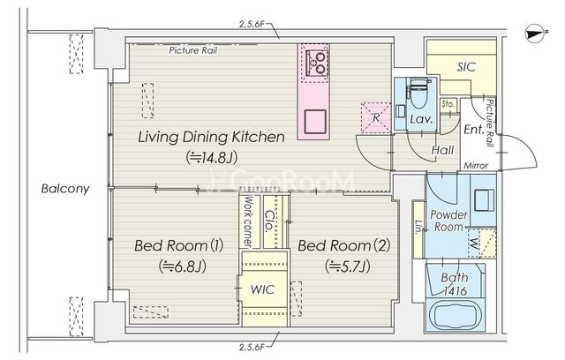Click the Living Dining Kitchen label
pos(212,137)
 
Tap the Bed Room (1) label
pos(178,246)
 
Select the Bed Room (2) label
pos(344,246)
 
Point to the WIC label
pos(262,289)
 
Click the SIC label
pos(466,67)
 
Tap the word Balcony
pos(65,189)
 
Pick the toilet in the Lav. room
pos(418,93)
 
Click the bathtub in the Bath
pos(456,317)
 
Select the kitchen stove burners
pos(317,63)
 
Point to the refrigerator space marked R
pos(376,117)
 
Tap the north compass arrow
pos(536,34)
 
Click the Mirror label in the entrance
pos(476,166)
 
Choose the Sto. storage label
pos(448,104)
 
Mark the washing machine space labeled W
pos(482,243)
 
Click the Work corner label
pos(248,221)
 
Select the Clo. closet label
pos(269,221)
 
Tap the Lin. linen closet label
pos(418,227)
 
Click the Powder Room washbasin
pos(484,200)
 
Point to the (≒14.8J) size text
pos(212,157)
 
